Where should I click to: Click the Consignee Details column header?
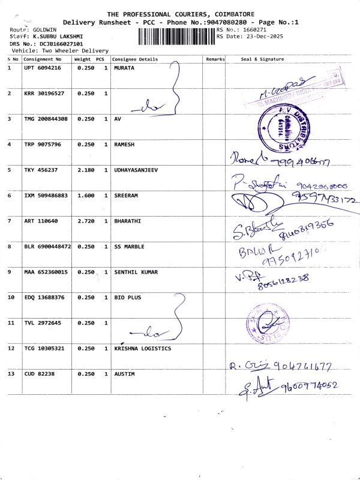click(x=135, y=59)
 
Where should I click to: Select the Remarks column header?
click(x=215, y=59)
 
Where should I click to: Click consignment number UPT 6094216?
click(x=43, y=68)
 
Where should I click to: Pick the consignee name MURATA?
click(x=124, y=68)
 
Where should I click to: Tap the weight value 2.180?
click(x=85, y=170)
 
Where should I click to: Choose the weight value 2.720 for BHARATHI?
click(x=85, y=221)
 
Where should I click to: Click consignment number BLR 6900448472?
click(x=48, y=247)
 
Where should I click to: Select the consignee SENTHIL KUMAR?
click(x=136, y=272)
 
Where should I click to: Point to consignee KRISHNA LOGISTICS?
click(x=142, y=349)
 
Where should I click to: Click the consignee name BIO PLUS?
click(x=128, y=298)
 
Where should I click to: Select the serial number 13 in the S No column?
click(x=10, y=374)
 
